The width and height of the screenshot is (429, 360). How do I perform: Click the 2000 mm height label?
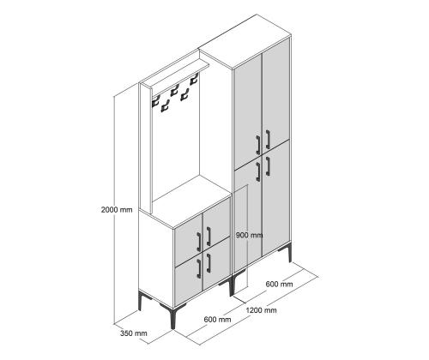117,210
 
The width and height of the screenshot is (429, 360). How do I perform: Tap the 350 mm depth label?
134,333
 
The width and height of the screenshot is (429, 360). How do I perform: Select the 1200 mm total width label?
261,310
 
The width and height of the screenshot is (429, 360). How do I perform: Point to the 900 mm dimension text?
250,235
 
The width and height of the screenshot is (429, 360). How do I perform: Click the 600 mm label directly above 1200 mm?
279,284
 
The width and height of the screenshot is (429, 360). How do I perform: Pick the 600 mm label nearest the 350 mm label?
217,319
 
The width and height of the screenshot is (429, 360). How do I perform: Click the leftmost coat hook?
155,101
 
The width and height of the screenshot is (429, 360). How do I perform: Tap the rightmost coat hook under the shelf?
194,79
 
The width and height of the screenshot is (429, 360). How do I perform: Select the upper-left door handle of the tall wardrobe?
257,145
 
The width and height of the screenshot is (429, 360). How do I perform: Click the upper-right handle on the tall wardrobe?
268,139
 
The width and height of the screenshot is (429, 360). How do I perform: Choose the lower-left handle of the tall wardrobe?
257,171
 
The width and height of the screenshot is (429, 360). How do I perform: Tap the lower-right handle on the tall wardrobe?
268,165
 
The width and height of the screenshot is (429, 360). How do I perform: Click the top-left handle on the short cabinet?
199,242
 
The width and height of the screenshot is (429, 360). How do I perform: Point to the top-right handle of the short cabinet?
208,237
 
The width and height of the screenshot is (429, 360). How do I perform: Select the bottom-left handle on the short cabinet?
199,268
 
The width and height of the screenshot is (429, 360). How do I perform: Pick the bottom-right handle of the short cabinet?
208,263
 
